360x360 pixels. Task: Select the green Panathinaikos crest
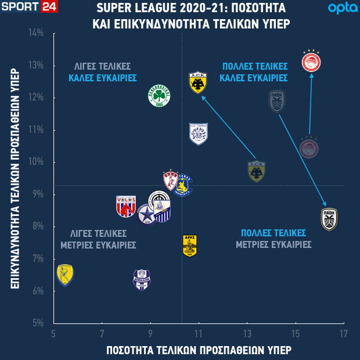coord(159,96)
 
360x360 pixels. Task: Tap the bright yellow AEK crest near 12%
coord(198,83)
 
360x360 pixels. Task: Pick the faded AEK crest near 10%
coord(256,171)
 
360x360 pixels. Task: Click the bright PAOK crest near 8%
coord(329,219)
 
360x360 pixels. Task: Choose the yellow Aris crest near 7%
coord(190,245)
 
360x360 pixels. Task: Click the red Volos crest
coord(126,206)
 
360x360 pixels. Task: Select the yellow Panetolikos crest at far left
coord(65,275)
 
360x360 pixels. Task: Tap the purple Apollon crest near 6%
coord(142,280)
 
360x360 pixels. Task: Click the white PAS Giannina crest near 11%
coord(199,134)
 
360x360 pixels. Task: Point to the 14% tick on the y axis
coord(37,33)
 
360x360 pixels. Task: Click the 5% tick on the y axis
coord(38,323)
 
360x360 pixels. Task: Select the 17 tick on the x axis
coord(344,334)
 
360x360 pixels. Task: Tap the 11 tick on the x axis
coord(199,334)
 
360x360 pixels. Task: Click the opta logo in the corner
coord(339,8)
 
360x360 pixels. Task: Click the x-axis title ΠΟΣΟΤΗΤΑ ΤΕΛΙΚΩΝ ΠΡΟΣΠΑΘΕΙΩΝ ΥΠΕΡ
coord(199,350)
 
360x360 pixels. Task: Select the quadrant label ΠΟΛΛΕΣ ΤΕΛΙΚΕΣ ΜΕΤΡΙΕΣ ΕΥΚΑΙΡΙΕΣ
coord(273,239)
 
